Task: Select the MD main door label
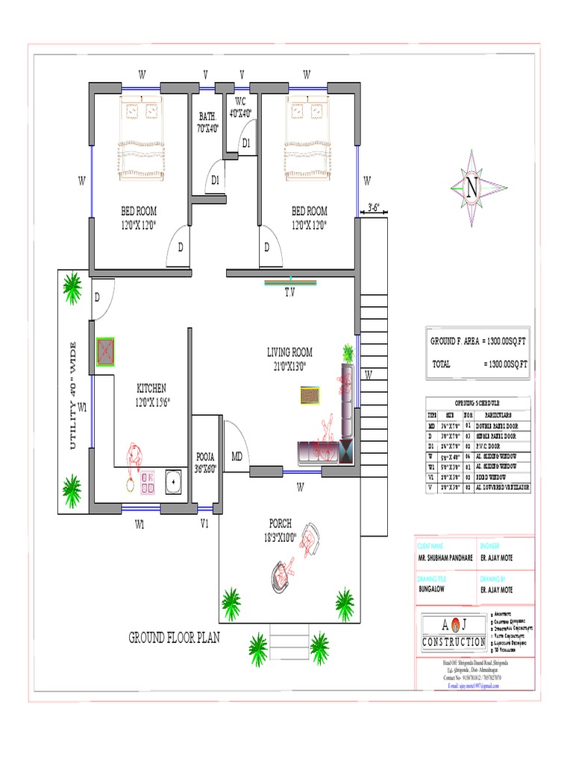237,456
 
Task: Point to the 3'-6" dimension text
375,208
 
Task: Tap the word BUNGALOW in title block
433,589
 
